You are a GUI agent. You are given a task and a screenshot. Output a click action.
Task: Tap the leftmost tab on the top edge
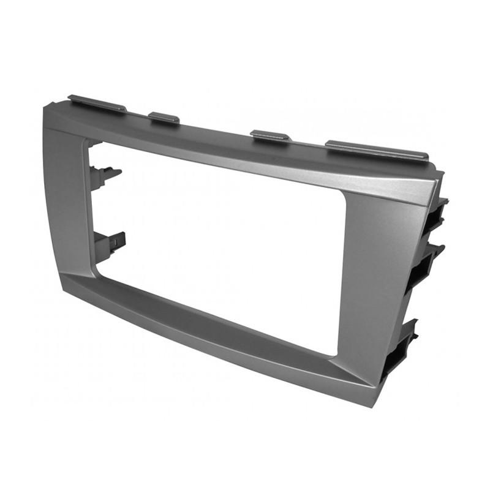point(97,103)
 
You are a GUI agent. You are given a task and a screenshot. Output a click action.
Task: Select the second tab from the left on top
point(164,117)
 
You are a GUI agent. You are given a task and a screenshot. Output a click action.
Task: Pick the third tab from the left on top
point(270,135)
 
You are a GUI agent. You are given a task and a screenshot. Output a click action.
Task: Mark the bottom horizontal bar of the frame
point(214,331)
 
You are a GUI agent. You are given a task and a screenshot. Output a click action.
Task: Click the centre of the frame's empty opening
point(221,245)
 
